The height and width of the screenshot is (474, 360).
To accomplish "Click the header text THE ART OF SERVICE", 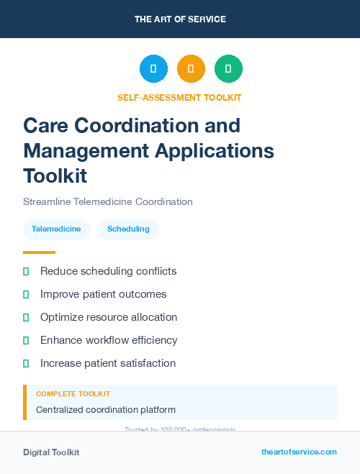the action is [x=180, y=19].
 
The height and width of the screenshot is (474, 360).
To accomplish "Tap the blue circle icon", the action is [x=153, y=68].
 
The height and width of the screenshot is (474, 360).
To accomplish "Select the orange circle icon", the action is [x=191, y=68].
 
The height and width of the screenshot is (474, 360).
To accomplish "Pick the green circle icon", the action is [x=228, y=68].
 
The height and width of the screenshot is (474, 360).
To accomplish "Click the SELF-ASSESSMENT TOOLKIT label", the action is [x=180, y=97].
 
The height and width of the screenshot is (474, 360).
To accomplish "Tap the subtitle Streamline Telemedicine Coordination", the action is [x=108, y=201].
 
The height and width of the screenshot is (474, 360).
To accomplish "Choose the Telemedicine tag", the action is [x=57, y=229].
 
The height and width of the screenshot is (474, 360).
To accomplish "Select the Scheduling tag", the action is [x=128, y=229].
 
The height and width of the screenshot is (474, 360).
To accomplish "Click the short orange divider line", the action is [x=39, y=252].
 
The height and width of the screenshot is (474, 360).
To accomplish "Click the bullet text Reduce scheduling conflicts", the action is [x=108, y=271].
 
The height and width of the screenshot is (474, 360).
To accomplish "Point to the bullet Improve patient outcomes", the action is [x=103, y=294].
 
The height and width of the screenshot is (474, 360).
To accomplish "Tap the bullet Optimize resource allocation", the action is [x=108, y=317].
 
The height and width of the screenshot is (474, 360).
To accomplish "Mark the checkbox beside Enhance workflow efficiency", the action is [x=26, y=340].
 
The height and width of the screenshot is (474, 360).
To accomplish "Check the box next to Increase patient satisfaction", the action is [x=26, y=363].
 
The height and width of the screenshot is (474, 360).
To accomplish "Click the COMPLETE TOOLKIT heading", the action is [x=73, y=394].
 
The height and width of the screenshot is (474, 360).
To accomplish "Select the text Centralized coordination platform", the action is [x=106, y=410].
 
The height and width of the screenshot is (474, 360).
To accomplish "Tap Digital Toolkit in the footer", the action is [x=51, y=452].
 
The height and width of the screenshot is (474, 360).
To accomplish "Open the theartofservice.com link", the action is [x=299, y=452].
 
